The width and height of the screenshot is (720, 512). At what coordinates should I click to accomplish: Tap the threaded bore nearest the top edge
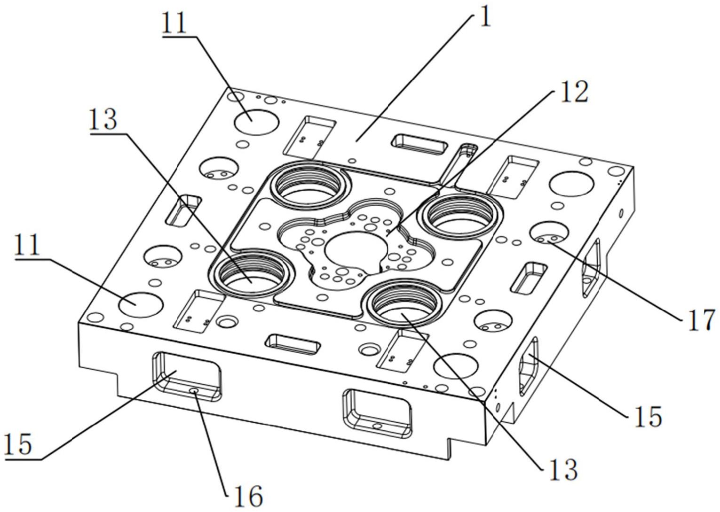(310, 186)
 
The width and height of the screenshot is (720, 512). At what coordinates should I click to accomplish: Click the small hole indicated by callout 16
(194, 390)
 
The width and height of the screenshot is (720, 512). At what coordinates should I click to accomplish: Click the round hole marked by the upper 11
(256, 122)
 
